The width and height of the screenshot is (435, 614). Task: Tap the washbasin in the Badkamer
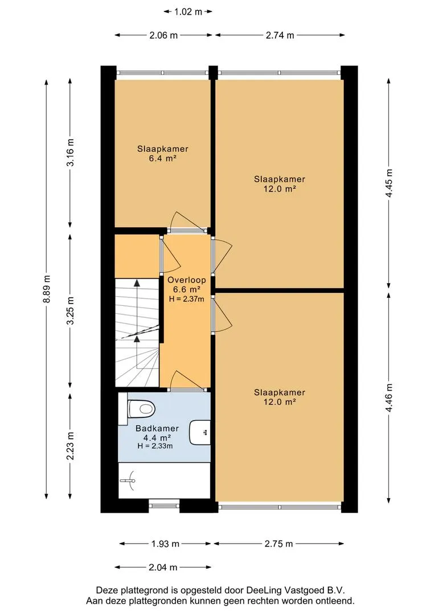200,433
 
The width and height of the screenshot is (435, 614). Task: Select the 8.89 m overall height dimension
47,289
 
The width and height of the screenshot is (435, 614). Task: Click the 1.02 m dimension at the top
188,12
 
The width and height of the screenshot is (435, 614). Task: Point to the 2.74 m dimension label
280,35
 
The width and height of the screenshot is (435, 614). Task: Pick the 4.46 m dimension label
389,398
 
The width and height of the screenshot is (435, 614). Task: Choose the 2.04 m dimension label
163,567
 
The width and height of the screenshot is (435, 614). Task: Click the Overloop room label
187,280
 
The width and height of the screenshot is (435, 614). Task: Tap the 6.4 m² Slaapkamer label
162,153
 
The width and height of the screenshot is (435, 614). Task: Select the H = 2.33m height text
155,446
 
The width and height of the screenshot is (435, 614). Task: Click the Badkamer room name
157,429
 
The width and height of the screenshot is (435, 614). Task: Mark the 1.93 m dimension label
165,544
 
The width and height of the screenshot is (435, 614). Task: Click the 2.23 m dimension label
71,446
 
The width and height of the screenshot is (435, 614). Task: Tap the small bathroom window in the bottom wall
165,505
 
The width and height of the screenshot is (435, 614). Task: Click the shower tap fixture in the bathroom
128,480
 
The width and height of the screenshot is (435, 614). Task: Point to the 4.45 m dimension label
389,184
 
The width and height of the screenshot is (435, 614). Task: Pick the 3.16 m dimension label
71,152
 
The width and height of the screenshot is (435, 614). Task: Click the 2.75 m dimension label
278,544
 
